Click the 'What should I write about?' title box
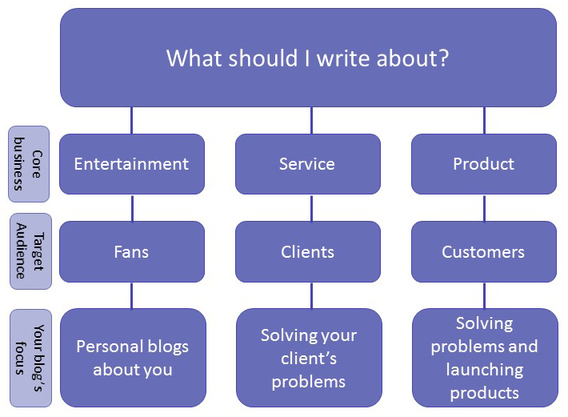[x=308, y=58]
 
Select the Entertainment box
[x=132, y=164]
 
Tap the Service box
[x=308, y=164]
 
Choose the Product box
[x=484, y=164]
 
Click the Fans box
[x=132, y=251]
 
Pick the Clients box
[x=308, y=251]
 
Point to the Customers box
[x=484, y=251]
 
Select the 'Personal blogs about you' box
[x=132, y=358]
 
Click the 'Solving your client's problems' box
[x=308, y=358]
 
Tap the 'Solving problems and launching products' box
[x=484, y=358]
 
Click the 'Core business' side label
[x=29, y=164]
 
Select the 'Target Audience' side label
[x=30, y=251]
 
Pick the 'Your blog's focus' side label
[x=30, y=357]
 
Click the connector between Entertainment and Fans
[x=132, y=207]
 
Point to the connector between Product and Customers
[x=484, y=207]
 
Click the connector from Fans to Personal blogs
[x=132, y=295]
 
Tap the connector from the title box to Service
[x=311, y=120]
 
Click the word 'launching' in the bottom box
[x=484, y=370]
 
